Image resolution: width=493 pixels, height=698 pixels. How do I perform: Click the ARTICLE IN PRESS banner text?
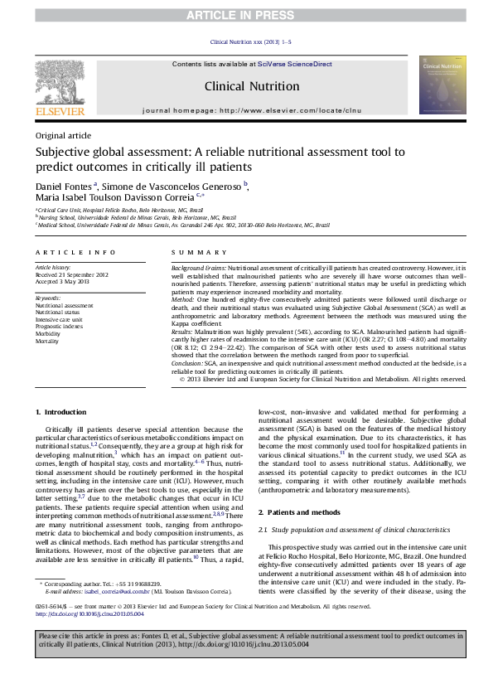pos(246,15)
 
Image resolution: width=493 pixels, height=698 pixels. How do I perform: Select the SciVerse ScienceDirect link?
pos(294,64)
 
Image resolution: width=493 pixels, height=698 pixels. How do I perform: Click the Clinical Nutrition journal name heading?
pos(252,86)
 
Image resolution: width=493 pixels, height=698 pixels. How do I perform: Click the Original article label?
pos(63,135)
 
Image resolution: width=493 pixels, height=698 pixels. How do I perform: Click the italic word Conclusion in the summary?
pos(187,364)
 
